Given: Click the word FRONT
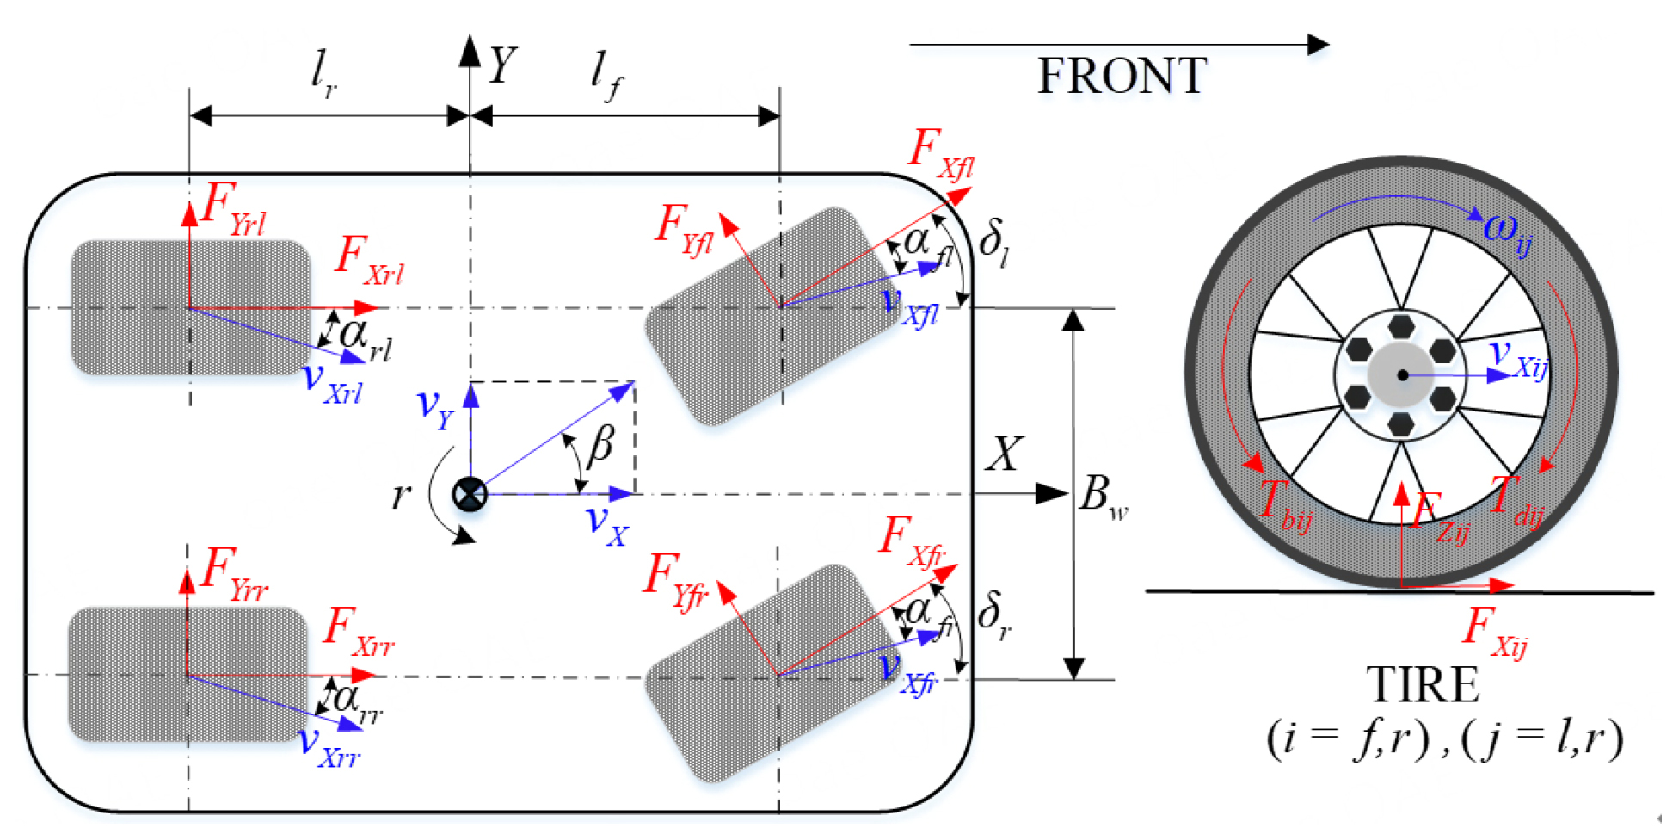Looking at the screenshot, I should tap(1122, 76).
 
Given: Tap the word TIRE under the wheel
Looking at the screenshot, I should tap(1423, 685).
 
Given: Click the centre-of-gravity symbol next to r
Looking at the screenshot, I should tap(470, 494).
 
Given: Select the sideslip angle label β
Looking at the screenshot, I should tap(600, 446).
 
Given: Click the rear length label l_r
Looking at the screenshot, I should tap(323, 72).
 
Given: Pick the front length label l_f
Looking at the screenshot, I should tap(606, 76).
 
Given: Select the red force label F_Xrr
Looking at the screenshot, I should tap(358, 632).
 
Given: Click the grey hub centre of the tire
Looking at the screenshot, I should tap(1402, 374).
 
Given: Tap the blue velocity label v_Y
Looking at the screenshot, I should tap(434, 406).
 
